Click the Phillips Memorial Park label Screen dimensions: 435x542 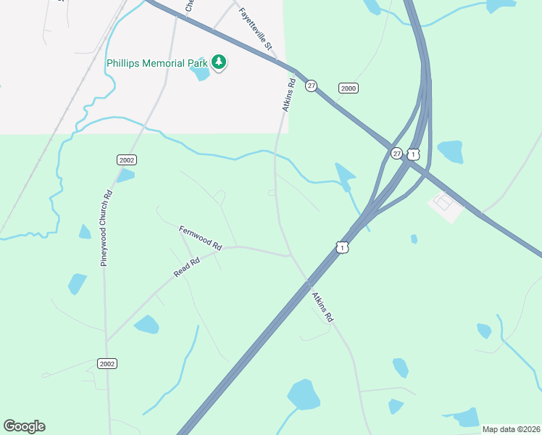click(157, 64)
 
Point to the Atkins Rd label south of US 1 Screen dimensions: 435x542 click(322, 307)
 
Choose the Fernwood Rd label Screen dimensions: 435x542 click(200, 238)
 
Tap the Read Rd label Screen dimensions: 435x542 click(186, 267)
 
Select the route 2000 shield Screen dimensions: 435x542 click(349, 88)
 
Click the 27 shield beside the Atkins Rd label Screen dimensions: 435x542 click(311, 86)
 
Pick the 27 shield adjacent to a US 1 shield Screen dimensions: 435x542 click(396, 154)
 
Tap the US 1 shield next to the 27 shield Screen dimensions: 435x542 click(413, 154)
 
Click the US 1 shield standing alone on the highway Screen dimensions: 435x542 click(342, 248)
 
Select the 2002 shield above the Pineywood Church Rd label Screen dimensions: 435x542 click(127, 159)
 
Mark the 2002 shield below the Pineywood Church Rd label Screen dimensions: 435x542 click(107, 363)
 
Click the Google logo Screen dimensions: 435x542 click(24, 426)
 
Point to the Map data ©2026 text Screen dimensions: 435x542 click(511, 429)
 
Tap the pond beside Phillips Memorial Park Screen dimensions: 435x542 click(199, 72)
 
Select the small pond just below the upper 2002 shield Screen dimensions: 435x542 click(125, 175)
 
